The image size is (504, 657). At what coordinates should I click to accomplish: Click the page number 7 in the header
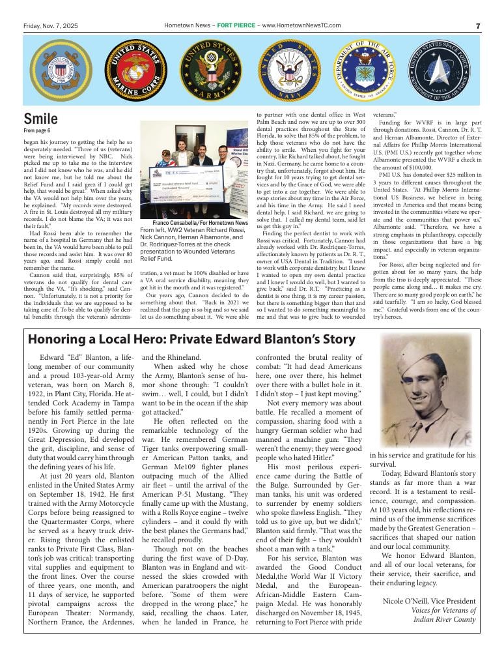[477, 25]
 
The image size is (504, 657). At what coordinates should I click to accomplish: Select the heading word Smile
[40, 119]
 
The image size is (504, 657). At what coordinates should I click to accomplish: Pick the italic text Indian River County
[444, 619]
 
